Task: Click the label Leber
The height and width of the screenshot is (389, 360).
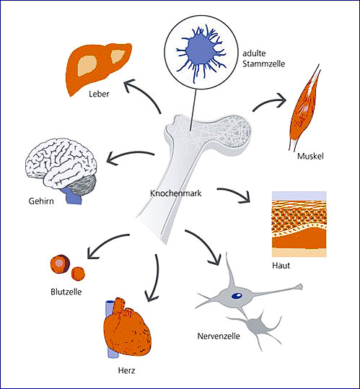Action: click(99, 94)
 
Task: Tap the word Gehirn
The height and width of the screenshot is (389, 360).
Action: click(41, 201)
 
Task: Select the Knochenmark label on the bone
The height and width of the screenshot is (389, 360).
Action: click(176, 193)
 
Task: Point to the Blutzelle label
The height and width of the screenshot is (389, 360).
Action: click(66, 292)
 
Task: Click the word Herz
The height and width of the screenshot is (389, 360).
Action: click(126, 371)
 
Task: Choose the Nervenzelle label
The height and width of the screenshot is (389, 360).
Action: click(219, 336)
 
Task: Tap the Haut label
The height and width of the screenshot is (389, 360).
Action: click(281, 266)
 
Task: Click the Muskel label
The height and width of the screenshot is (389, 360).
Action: click(310, 156)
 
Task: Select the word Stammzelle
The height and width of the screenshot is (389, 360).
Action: click(264, 64)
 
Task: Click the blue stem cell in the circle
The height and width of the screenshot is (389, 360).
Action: click(201, 52)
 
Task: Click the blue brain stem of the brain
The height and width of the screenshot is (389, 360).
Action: click(73, 196)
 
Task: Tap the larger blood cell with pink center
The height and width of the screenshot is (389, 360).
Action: click(60, 264)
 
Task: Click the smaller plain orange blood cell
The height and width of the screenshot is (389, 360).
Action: click(78, 274)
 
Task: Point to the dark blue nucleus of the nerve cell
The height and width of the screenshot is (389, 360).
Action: click(237, 295)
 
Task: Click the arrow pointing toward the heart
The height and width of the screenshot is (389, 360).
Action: click(154, 279)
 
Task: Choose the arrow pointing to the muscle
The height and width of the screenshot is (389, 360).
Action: click(269, 103)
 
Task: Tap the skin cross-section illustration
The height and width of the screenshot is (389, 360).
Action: click(299, 224)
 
